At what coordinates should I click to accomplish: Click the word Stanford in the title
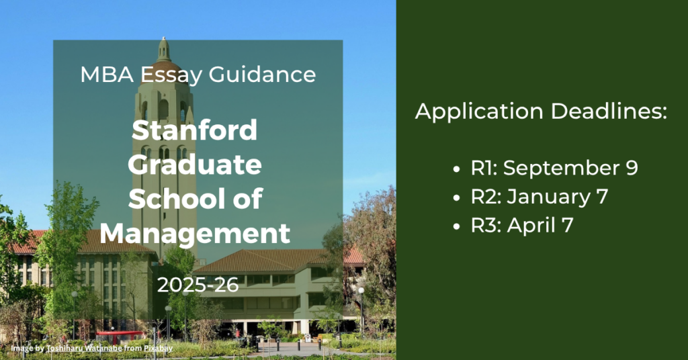click(194, 130)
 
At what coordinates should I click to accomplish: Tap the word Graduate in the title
click(195, 165)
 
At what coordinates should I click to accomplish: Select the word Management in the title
click(195, 233)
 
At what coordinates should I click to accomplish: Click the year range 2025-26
click(198, 285)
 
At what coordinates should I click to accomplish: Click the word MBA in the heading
click(107, 74)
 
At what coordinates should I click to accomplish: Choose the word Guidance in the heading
click(263, 74)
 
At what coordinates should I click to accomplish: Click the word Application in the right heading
click(479, 112)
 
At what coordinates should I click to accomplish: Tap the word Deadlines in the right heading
click(609, 111)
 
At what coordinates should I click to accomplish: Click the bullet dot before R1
click(457, 169)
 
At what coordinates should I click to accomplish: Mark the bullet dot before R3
click(457, 226)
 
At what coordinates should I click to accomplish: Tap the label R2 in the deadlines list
click(484, 197)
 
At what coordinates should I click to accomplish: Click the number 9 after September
click(632, 168)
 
